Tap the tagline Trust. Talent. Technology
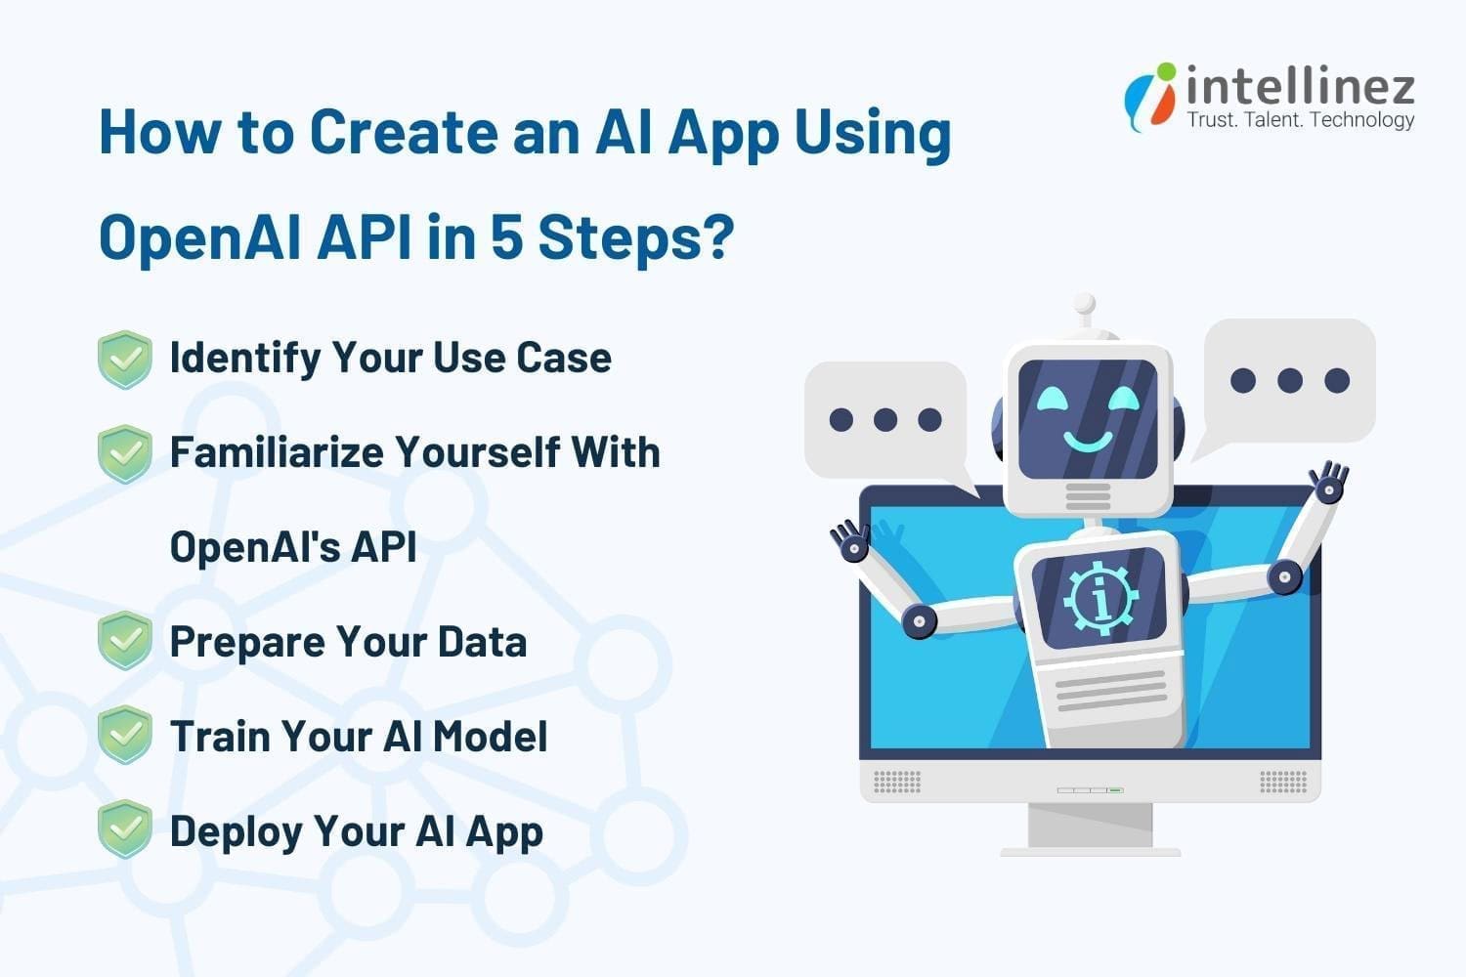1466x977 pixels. (x=1300, y=120)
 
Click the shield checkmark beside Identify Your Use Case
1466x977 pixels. (x=125, y=359)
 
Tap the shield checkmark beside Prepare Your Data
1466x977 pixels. (x=125, y=641)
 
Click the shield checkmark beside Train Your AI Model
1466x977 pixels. (x=125, y=735)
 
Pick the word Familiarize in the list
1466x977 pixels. (x=275, y=452)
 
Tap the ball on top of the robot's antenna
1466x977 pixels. (x=1084, y=305)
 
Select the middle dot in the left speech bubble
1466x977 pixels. (x=885, y=420)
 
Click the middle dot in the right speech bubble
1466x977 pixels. (x=1289, y=380)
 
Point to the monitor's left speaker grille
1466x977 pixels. (x=896, y=782)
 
